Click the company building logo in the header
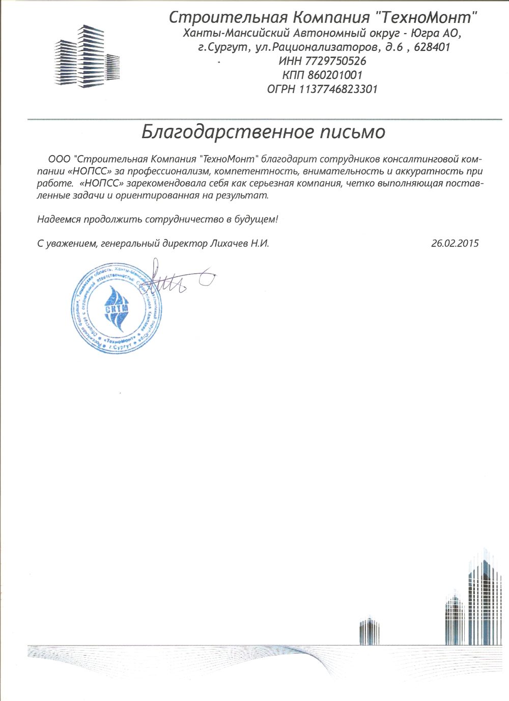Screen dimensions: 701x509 tap(87, 57)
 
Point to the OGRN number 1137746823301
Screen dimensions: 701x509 tap(338, 89)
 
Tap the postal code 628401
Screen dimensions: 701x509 tap(432, 48)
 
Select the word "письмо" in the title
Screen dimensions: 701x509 tap(352, 132)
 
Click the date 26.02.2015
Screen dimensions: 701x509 tap(455, 243)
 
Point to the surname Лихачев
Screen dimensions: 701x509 tap(228, 243)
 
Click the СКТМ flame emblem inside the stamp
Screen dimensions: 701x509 tap(117, 305)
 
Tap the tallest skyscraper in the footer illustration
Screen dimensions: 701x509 tap(484, 596)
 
